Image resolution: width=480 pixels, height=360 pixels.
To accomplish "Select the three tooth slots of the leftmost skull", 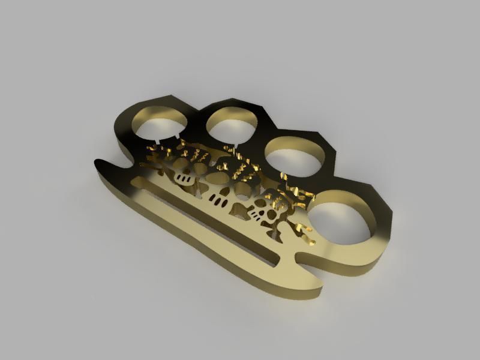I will [x=187, y=179].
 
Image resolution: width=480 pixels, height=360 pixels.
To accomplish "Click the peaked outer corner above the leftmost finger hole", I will [x=174, y=96].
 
